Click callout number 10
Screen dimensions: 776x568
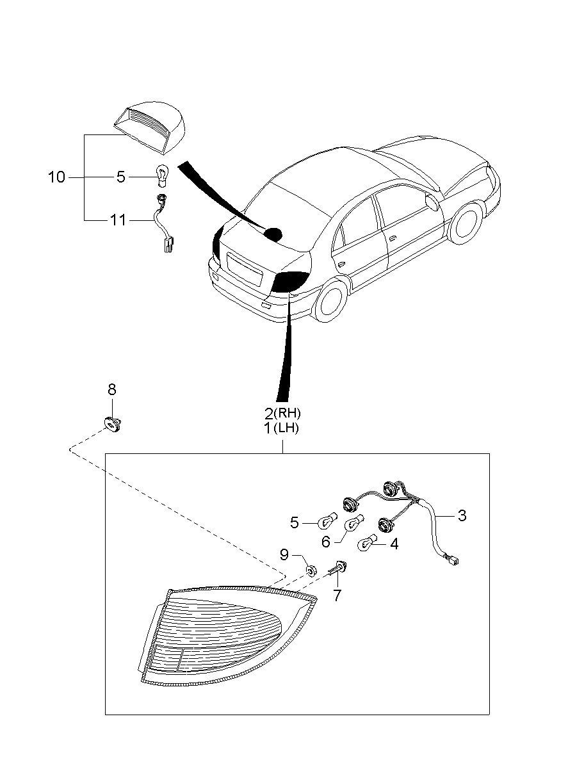coord(56,177)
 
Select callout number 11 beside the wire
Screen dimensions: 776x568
coord(118,220)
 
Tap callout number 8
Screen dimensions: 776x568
coord(111,389)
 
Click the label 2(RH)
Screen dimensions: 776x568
coord(282,414)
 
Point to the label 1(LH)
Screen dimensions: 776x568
coord(282,428)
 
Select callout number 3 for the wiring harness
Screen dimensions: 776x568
coord(461,515)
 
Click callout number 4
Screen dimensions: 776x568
coord(394,544)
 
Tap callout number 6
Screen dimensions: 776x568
coord(325,542)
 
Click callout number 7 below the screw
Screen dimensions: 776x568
coord(337,595)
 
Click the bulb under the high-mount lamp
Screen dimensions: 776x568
coord(162,174)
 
